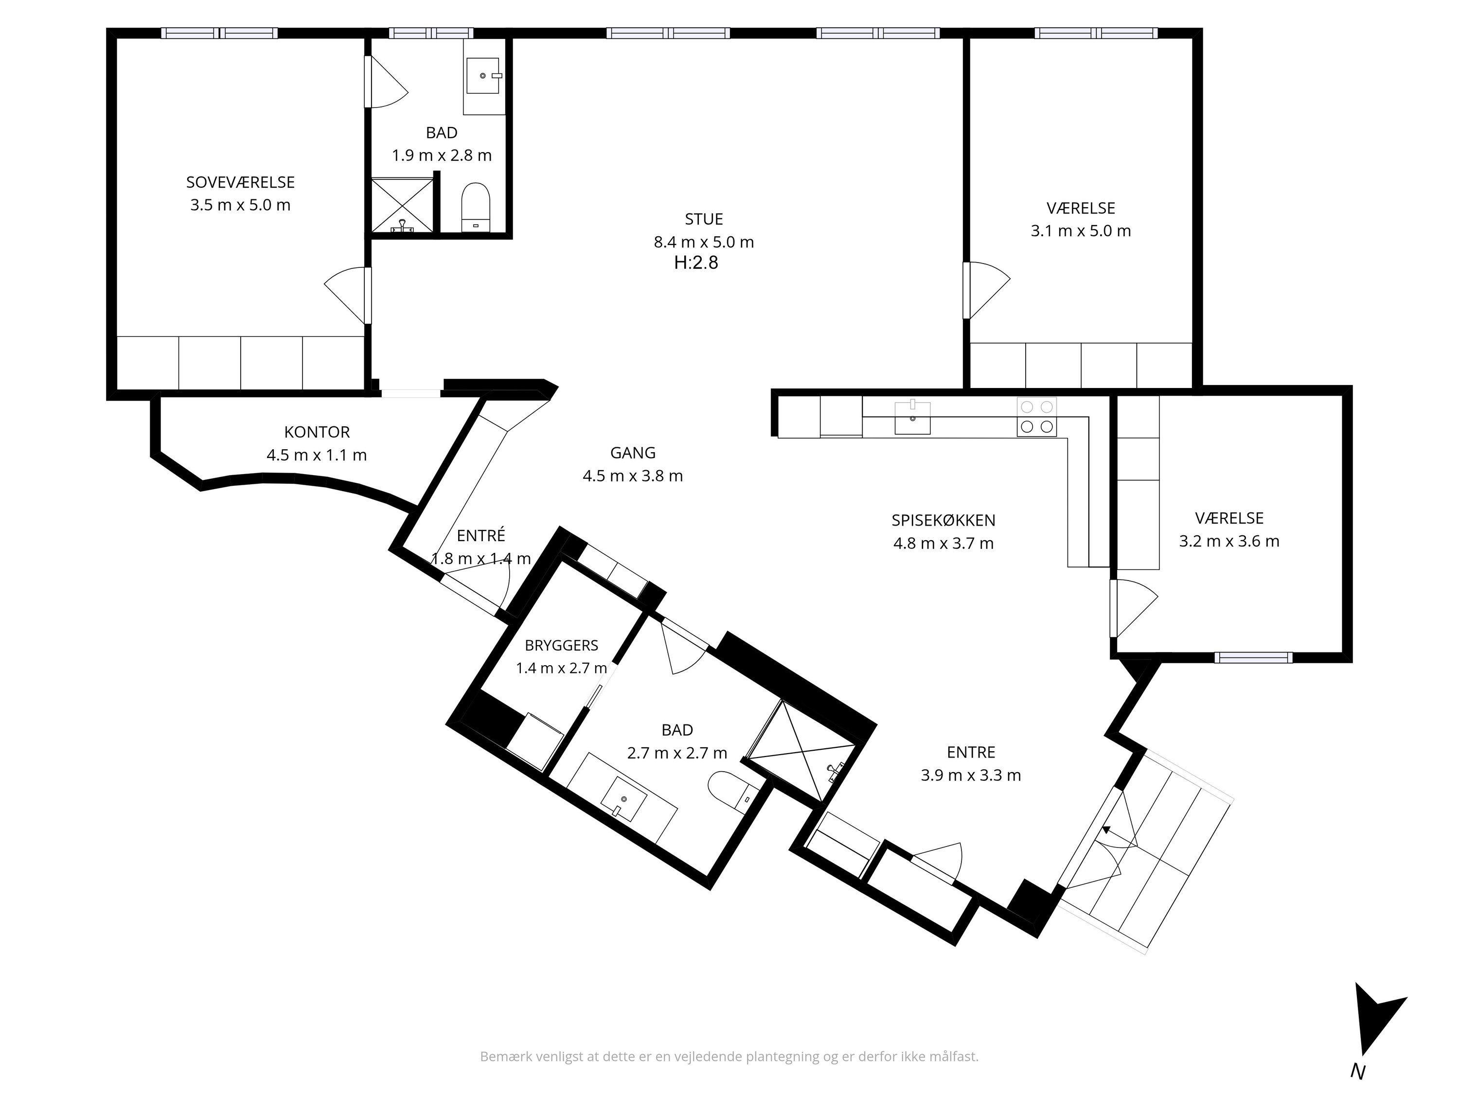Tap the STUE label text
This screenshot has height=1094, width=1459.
pos(704,219)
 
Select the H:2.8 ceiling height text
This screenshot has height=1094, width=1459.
pos(696,263)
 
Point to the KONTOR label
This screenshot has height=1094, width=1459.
pos(317,432)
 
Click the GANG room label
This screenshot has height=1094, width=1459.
pos(633,452)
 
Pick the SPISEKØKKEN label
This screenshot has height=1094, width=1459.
pos(943,520)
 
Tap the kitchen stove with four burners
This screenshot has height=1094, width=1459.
pos(1036,417)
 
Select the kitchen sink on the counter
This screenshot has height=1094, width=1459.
pos(912,418)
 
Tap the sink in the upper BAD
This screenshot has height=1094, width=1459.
pos(484,76)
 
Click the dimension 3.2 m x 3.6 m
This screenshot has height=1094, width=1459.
pos(1229,541)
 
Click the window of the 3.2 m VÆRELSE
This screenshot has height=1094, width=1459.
pos(1253,657)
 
